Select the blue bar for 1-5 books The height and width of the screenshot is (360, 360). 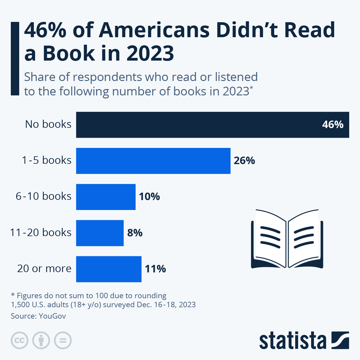153,161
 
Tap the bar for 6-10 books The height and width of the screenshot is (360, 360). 106,197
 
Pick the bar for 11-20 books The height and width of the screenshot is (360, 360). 100,233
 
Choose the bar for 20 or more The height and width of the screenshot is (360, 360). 109,269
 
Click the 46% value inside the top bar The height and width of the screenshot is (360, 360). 332,124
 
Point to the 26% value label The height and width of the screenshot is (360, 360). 244,161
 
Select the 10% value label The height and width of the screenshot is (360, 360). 149,197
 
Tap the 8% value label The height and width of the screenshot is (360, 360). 135,233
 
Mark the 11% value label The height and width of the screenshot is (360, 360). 155,269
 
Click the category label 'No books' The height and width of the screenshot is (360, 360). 48,124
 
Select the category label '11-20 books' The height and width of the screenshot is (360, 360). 41,232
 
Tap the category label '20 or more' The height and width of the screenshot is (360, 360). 44,268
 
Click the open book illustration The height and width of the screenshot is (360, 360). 287,239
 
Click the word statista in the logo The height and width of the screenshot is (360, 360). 292,341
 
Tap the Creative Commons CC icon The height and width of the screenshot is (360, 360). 19,340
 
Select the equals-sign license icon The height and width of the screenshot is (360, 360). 63,340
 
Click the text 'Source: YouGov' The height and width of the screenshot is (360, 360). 38,316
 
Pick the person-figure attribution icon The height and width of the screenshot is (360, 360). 41,340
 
